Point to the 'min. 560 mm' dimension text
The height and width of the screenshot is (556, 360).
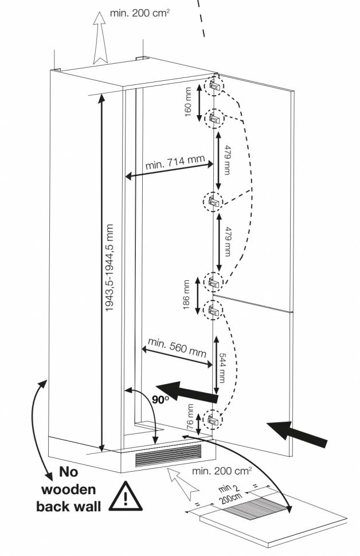coord(177,347)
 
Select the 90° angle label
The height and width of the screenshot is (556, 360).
coord(161,399)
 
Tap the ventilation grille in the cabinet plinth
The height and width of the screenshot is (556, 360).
coord(169,456)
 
